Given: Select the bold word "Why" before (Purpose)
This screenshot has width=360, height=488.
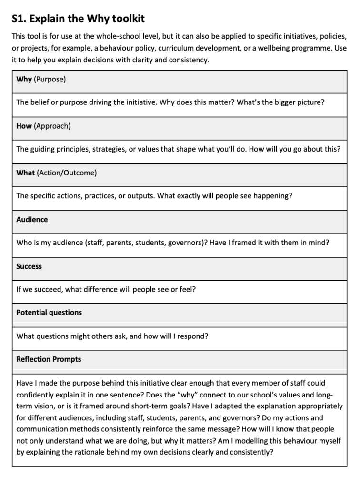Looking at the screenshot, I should pyautogui.click(x=24, y=79).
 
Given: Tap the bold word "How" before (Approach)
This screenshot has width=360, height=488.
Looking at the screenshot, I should pyautogui.click(x=24, y=126).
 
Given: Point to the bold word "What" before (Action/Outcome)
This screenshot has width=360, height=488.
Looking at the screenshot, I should pyautogui.click(x=26, y=173).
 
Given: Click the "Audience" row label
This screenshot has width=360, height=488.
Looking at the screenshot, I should pyautogui.click(x=32, y=220).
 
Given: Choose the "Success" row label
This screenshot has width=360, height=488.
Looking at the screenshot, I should pyautogui.click(x=29, y=266).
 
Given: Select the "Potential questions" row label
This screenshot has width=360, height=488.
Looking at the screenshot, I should pyautogui.click(x=49, y=313).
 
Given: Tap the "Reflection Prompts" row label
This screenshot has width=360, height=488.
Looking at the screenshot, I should pyautogui.click(x=49, y=359).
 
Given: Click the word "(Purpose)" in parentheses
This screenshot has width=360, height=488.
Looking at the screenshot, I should pyautogui.click(x=50, y=79).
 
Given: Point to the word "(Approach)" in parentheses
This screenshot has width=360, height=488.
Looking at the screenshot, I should pyautogui.click(x=52, y=126).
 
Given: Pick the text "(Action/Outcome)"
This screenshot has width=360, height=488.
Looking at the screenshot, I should pyautogui.click(x=67, y=173).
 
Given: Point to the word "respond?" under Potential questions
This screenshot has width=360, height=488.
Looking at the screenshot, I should pyautogui.click(x=193, y=336).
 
